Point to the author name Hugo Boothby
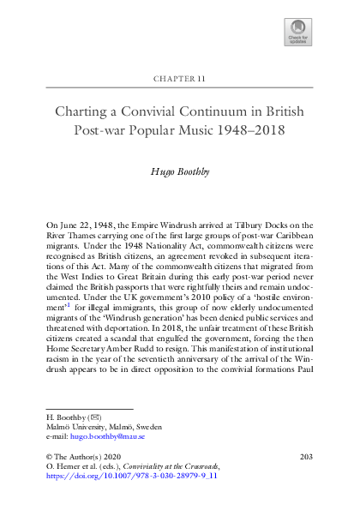[180, 171]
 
